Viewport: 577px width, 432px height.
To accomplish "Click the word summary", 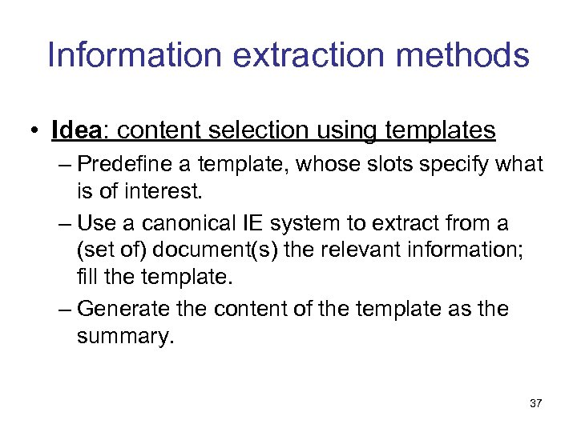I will (124, 336).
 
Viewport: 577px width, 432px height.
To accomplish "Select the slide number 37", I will (535, 404).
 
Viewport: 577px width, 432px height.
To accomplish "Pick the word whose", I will (337, 165).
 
